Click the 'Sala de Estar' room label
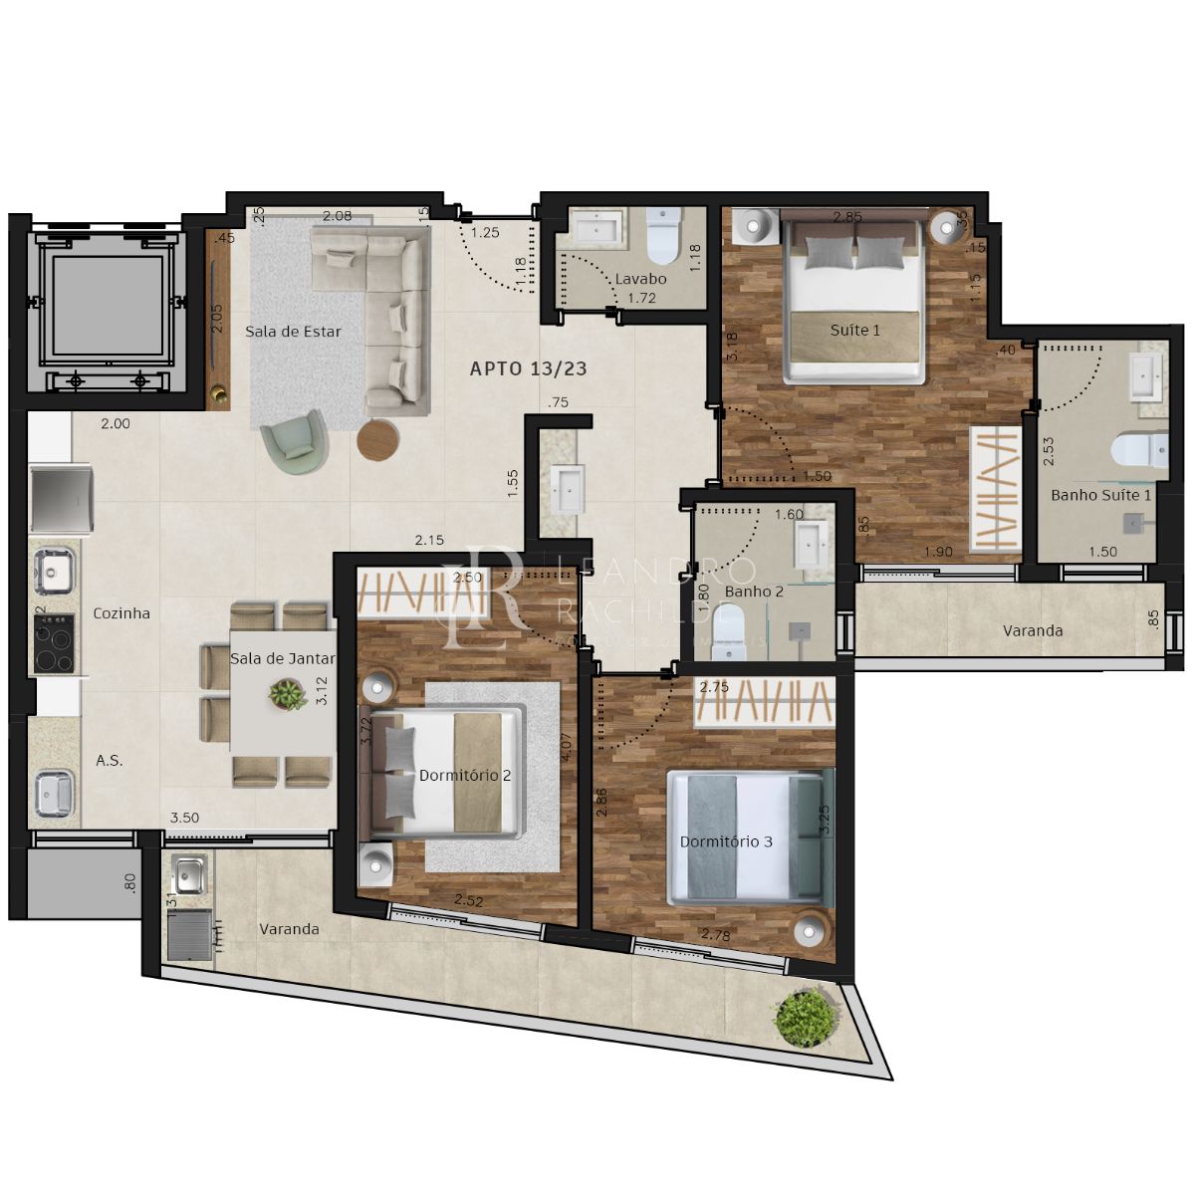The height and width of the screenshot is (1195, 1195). click(293, 332)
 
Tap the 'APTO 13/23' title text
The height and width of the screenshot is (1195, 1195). click(528, 368)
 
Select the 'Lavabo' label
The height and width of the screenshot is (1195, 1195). click(639, 279)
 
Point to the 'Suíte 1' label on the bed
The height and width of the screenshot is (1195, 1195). click(855, 330)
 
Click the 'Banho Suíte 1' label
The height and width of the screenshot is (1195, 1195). click(1100, 495)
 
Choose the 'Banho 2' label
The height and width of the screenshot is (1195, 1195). click(754, 592)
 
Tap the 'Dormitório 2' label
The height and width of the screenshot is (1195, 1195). click(465, 775)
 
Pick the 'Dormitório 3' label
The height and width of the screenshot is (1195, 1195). click(726, 841)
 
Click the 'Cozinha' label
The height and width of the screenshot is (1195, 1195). click(121, 613)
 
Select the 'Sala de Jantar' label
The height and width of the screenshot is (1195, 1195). click(282, 658)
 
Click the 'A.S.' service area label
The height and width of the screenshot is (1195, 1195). click(110, 761)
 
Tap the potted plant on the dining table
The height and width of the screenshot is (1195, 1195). click(288, 694)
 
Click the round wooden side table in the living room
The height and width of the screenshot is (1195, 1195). click(377, 439)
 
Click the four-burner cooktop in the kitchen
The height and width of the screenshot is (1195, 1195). click(54, 644)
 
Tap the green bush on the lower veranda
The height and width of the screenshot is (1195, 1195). click(805, 1017)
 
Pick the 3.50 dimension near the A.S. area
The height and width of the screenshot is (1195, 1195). click(184, 818)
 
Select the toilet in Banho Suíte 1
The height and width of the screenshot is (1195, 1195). click(1141, 451)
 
